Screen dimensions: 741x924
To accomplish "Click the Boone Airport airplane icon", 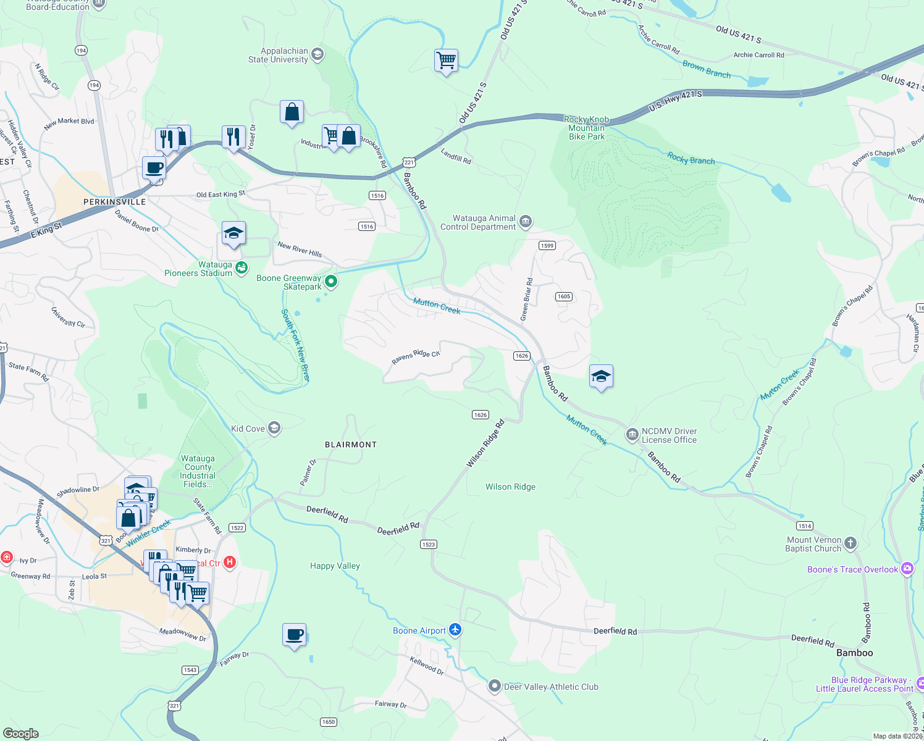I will pos(455,630).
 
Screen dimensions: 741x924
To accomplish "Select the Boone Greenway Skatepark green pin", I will pos(331,282).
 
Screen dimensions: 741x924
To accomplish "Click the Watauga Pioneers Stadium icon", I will pos(241,267).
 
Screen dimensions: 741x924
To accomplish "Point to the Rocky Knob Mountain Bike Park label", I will pos(587,128).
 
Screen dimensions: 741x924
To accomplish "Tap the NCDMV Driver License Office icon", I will pos(632,435).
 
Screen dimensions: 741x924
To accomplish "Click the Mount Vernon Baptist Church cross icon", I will pos(850,543).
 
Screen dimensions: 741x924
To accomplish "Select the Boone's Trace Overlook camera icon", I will pos(907,569).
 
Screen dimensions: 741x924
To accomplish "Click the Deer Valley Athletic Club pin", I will pos(494,686).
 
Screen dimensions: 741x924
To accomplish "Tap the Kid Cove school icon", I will pos(274,428).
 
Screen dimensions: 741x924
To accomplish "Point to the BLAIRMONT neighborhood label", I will pos(351,445).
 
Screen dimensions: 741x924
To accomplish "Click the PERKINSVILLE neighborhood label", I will pos(115,202).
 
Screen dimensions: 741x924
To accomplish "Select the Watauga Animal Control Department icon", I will pos(525,222).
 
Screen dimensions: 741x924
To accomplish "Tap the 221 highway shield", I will pos(409,162).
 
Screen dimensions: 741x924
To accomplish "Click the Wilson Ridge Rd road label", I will pos(485,443).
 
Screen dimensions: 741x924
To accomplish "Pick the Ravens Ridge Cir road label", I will pos(416,357).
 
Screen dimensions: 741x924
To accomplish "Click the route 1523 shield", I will pos(429,544).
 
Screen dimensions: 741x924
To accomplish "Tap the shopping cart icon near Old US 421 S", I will pos(446,61).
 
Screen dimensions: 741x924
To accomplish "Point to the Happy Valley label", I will pos(335,566).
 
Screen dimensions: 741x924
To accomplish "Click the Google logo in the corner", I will pos(21,733).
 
